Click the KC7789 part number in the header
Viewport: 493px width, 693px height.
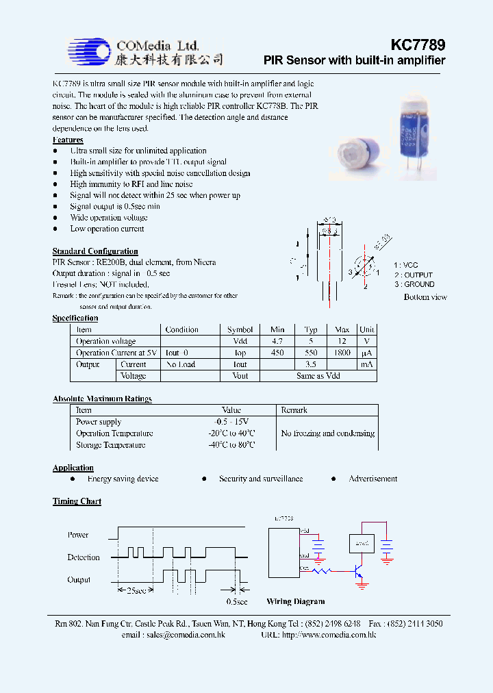418,45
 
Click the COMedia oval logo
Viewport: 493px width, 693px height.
89,51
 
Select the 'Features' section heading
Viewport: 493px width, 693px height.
68,140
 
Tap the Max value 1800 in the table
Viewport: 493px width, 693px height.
342,353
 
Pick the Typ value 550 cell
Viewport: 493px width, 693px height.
311,353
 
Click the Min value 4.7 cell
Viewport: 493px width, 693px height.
277,341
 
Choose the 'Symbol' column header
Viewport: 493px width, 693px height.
240,329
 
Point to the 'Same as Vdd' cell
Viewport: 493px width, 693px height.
318,376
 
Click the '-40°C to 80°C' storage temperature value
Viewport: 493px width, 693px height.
231,445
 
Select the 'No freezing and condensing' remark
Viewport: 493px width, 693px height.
327,433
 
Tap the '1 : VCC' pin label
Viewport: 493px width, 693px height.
405,265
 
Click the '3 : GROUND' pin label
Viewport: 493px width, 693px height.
414,284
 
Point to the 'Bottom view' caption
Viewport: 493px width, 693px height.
425,297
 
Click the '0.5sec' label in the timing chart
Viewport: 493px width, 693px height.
236,601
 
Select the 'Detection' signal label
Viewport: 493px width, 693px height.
84,557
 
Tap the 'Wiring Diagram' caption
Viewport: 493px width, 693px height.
295,601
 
